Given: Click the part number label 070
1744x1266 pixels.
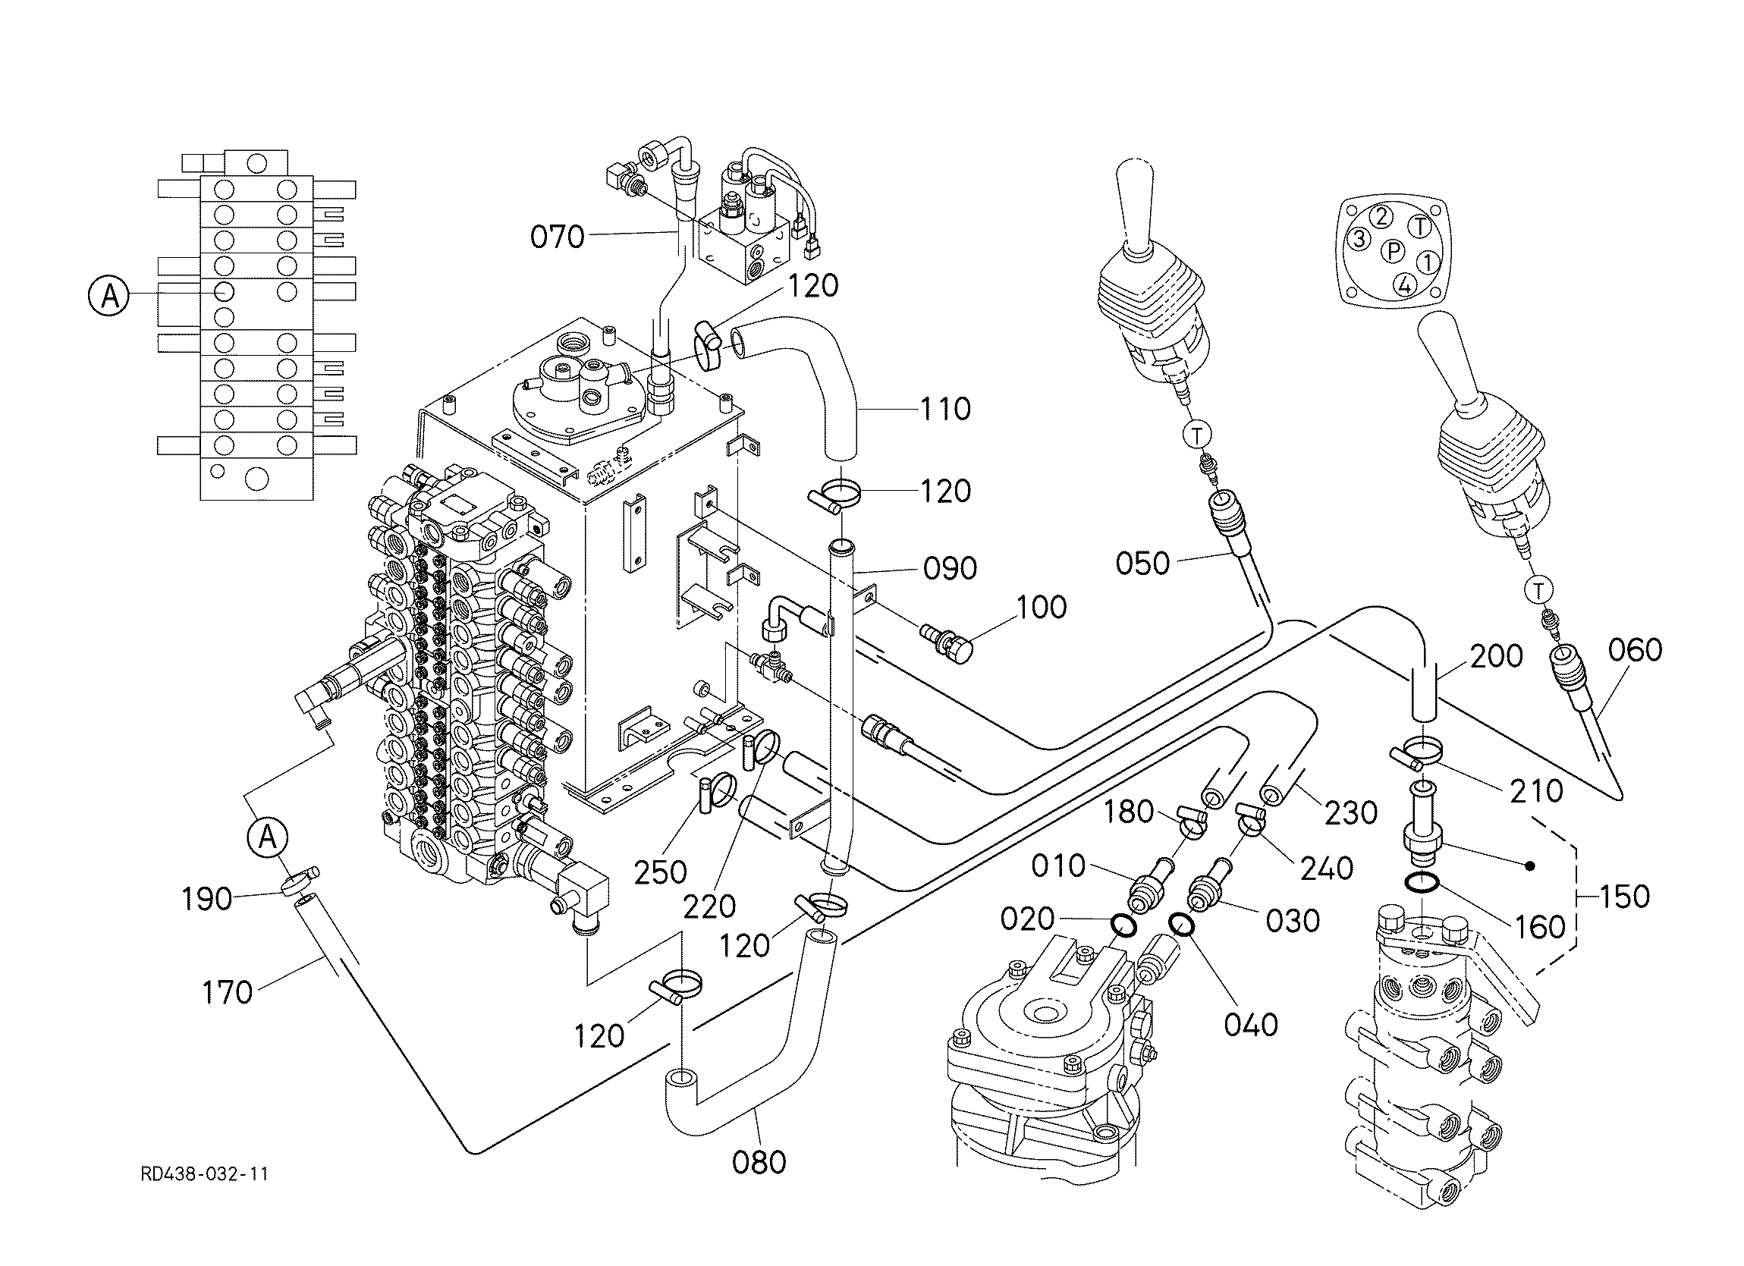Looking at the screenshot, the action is [x=558, y=237].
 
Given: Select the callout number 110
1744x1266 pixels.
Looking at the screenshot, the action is [x=946, y=409].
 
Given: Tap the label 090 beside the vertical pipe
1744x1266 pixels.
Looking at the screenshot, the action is [x=951, y=569].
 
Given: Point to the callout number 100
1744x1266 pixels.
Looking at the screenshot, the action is [x=1042, y=608].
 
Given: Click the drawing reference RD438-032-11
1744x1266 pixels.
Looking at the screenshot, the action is [x=205, y=1174].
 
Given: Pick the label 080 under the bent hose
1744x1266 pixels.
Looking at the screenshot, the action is [x=759, y=1163].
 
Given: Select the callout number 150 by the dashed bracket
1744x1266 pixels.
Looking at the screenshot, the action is [x=1625, y=897].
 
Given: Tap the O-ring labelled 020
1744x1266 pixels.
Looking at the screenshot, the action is [x=1124, y=927].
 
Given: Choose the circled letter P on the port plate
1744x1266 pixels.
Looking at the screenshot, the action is [x=1394, y=252].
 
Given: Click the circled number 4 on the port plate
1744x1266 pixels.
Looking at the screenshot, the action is [x=1405, y=286].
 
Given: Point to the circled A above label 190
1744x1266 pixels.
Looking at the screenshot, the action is [x=268, y=837].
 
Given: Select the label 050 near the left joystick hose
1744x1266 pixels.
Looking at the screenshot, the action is [x=1142, y=564].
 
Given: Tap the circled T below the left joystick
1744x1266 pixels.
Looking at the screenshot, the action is [x=1197, y=435].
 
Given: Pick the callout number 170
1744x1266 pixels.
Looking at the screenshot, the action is [x=227, y=993].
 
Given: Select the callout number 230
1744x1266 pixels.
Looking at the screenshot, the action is [x=1350, y=812].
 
